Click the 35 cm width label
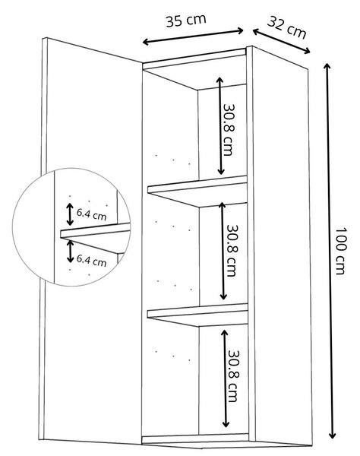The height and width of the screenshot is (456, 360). [186, 21]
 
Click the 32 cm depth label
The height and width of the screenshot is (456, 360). [287, 27]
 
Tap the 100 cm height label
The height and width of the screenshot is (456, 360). [340, 251]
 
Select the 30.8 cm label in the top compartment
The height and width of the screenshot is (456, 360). [229, 130]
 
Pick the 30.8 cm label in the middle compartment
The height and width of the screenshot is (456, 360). [232, 250]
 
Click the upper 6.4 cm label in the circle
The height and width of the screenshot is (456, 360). [92, 215]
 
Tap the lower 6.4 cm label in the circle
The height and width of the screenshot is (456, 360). [92, 260]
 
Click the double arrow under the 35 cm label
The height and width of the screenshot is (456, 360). [193, 36]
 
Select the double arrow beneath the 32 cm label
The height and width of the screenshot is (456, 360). [281, 41]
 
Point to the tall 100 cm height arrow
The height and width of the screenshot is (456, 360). [330, 251]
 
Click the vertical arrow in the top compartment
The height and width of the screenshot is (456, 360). [220, 126]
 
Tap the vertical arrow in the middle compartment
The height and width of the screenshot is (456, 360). [223, 251]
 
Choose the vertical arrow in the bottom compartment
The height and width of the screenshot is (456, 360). [225, 378]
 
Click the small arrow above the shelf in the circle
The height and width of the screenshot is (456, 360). [70, 214]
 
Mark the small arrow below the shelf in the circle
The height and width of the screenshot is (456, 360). [70, 252]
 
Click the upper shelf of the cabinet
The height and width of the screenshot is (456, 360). [197, 191]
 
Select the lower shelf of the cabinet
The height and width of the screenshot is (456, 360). [198, 315]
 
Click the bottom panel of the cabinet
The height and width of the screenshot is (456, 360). [195, 439]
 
